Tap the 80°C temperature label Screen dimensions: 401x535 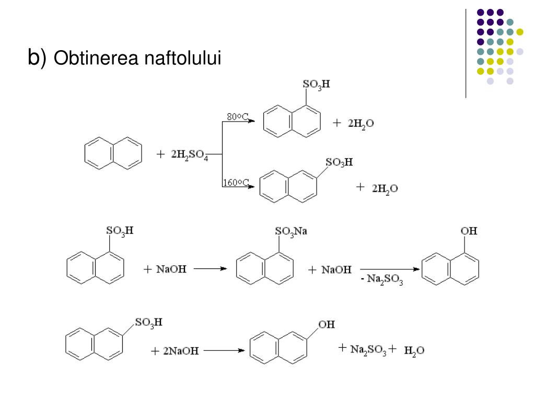(237, 116)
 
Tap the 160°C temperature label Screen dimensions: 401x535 (235, 182)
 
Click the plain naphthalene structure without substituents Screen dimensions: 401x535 (113, 153)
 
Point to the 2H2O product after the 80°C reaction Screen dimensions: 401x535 (361, 124)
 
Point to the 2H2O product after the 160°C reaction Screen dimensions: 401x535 (385, 188)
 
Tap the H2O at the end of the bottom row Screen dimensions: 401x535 (414, 351)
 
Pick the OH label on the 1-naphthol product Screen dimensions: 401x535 (469, 231)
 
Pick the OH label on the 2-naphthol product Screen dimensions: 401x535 (327, 325)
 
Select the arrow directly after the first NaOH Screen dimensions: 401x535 (210, 269)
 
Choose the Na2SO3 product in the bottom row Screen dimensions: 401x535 (368, 350)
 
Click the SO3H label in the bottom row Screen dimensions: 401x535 (148, 323)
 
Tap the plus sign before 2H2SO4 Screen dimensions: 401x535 (160, 155)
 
